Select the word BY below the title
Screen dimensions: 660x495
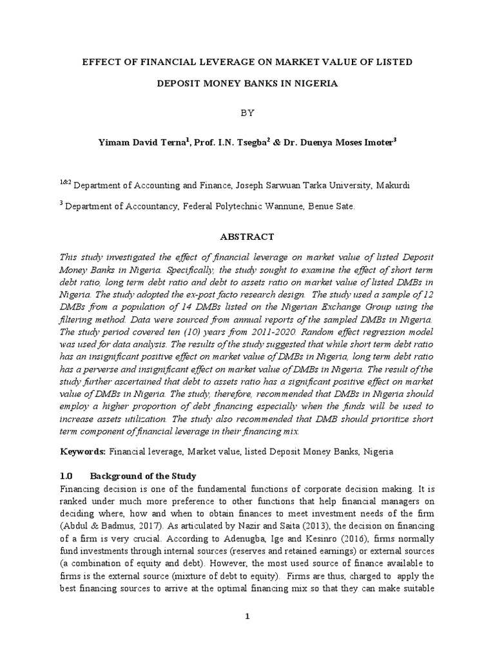(248, 113)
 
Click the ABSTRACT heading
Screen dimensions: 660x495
(247, 237)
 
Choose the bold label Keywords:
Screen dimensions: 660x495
(83, 452)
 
